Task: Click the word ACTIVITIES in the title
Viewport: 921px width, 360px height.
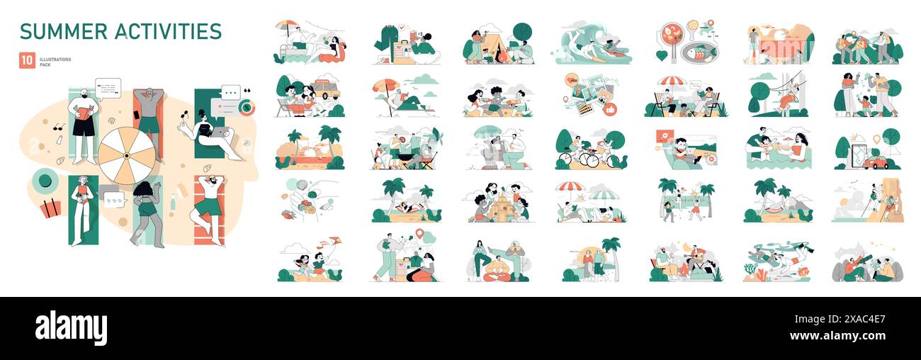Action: tap(170, 31)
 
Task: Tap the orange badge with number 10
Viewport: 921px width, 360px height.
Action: tap(27, 61)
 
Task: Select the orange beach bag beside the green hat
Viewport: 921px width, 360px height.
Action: tap(50, 208)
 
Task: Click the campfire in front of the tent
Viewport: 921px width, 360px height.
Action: tap(501, 58)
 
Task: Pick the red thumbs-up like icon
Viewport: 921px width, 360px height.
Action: tap(609, 109)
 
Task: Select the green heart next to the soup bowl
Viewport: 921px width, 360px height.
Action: tap(661, 55)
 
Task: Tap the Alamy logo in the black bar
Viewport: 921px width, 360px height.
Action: tap(71, 328)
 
